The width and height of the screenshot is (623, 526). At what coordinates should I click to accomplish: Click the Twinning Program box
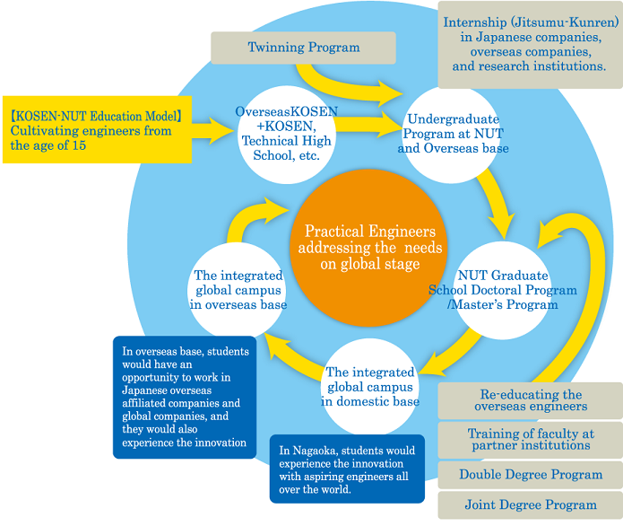[303, 48]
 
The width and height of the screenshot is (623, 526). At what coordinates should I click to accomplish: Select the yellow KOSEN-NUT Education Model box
[96, 129]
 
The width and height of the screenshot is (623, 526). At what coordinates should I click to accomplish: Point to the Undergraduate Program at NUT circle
[456, 133]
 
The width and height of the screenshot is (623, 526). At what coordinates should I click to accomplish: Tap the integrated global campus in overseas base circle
[238, 289]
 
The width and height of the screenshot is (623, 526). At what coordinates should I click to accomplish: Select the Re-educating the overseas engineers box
[529, 400]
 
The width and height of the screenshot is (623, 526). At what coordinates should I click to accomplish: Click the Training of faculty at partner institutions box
[529, 440]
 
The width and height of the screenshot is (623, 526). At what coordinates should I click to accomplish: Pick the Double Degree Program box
[529, 475]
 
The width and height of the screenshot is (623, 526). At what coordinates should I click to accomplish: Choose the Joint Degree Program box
[529, 505]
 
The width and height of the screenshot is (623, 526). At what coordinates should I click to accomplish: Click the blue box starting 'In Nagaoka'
[346, 469]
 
